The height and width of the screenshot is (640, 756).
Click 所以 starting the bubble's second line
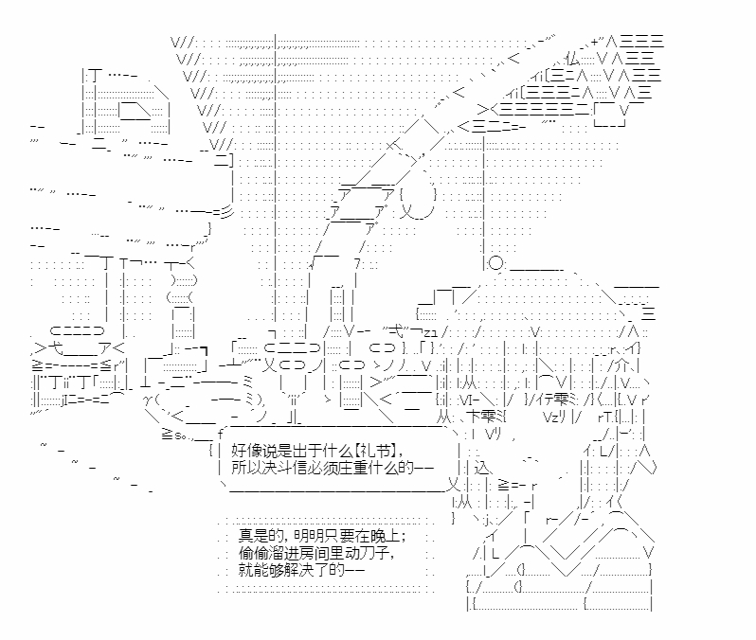pyautogui.click(x=243, y=468)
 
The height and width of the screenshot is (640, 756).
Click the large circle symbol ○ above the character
pyautogui.click(x=497, y=266)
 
